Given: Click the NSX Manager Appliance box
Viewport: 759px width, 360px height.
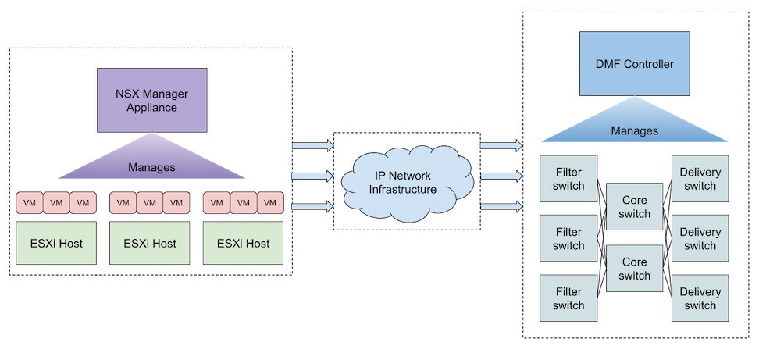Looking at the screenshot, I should click(152, 99).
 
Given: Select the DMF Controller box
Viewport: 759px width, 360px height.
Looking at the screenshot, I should click(634, 64).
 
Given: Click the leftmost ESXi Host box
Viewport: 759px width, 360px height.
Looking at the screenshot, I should click(56, 243).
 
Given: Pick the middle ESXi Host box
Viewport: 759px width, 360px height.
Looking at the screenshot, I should click(150, 243).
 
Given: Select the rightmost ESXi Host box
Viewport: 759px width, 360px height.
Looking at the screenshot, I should click(243, 243).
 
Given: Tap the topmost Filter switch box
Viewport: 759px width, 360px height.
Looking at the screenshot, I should click(568, 179).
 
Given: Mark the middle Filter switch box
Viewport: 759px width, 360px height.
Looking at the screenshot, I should click(568, 239).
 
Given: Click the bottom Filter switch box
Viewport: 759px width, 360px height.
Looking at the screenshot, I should click(568, 298).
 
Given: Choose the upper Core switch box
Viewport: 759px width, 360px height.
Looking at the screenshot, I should click(634, 207).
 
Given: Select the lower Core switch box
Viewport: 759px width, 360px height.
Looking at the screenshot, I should click(634, 269).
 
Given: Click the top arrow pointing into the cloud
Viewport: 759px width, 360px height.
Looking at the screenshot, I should click(312, 146).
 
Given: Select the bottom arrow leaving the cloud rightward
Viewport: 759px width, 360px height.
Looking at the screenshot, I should click(501, 206).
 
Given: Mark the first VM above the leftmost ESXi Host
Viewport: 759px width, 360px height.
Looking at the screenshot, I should click(30, 203).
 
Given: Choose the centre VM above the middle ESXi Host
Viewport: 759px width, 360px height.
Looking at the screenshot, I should click(150, 203).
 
